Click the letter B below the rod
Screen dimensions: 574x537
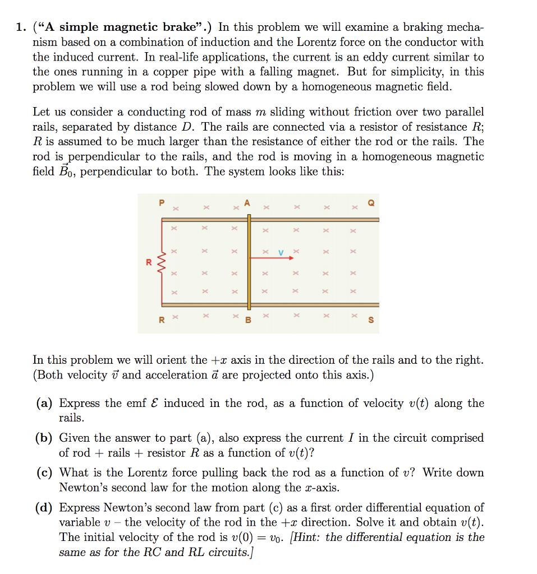click(x=247, y=321)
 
